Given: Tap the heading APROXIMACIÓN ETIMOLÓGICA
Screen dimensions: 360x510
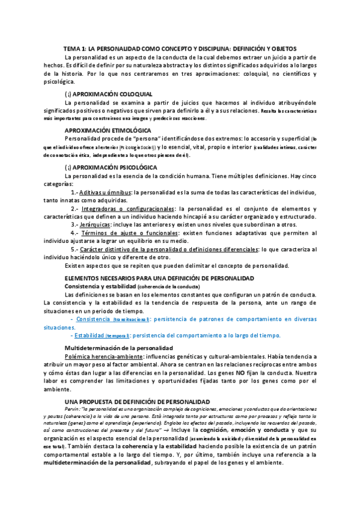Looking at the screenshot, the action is [107, 130].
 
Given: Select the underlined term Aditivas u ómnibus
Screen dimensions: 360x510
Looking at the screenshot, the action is [109, 192].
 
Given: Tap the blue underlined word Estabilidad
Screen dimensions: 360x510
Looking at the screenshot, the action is [91, 336].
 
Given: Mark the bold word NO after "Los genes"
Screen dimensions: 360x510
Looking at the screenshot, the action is [239, 373].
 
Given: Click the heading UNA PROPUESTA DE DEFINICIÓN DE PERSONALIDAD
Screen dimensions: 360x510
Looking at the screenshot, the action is [136, 401].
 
